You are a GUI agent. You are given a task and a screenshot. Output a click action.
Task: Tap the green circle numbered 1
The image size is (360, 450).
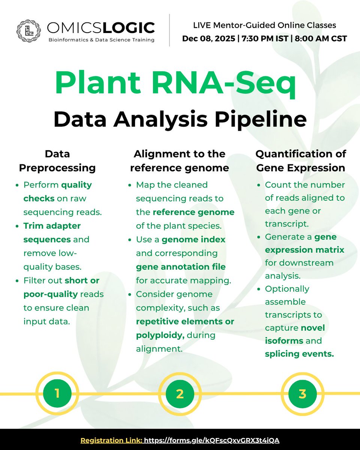57,393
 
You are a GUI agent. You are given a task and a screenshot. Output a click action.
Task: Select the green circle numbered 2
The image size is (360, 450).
180,393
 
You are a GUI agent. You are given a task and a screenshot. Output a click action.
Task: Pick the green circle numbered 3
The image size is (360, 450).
302,393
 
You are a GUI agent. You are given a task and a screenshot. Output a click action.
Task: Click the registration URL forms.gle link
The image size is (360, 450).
212,440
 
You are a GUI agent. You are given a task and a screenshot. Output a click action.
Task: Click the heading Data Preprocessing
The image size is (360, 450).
57,160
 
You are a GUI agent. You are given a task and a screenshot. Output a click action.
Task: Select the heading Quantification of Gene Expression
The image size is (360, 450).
301,160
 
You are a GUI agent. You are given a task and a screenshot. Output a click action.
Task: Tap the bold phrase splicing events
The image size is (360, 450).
299,354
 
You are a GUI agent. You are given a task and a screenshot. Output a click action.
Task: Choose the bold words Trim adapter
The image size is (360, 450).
52,226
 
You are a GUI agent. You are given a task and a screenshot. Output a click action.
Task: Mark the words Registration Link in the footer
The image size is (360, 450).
111,440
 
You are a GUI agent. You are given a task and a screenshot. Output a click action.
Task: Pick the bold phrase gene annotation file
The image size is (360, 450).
180,267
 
